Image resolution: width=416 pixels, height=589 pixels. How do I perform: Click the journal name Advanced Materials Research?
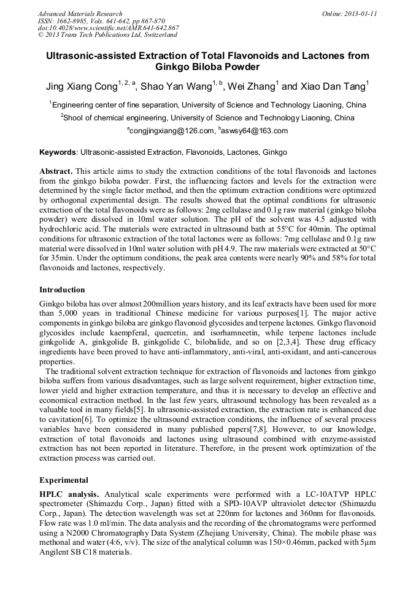pyautogui.click(x=80, y=14)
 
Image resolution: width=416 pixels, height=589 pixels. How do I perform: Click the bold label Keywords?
pyautogui.click(x=58, y=152)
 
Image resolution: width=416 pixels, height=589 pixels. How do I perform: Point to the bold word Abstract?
pyautogui.click(x=56, y=170)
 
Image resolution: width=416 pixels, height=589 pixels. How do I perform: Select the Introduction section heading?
pyautogui.click(x=62, y=290)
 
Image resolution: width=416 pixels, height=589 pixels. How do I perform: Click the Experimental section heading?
pyautogui.click(x=64, y=480)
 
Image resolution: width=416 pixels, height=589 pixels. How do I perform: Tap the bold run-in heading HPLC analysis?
pyautogui.click(x=69, y=494)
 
